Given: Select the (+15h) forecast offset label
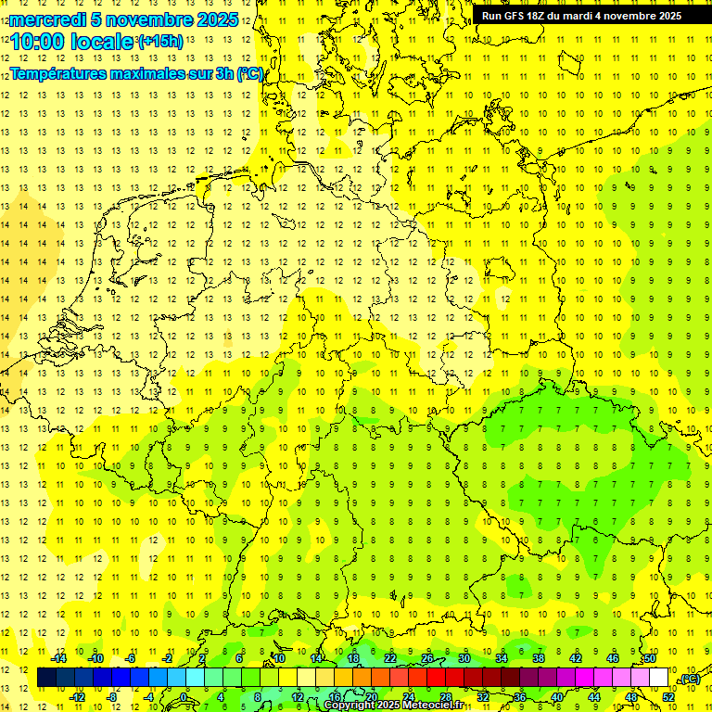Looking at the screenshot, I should click(x=159, y=41).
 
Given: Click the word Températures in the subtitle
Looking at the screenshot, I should click(x=63, y=73).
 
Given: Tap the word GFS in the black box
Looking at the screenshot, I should click(x=516, y=16).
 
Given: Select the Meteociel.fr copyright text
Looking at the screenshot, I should click(x=393, y=706).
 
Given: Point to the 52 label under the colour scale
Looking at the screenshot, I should click(x=667, y=697).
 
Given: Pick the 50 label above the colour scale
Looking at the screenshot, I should click(x=650, y=658).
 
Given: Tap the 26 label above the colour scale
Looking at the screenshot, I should click(x=427, y=658).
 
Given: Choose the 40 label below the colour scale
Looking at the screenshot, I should click(x=556, y=697).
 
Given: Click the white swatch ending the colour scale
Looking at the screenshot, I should click(x=658, y=678).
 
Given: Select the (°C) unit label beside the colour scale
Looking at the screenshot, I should click(x=689, y=679).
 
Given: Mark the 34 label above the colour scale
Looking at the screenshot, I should click(x=502, y=658).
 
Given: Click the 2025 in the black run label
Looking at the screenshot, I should click(x=667, y=16).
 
